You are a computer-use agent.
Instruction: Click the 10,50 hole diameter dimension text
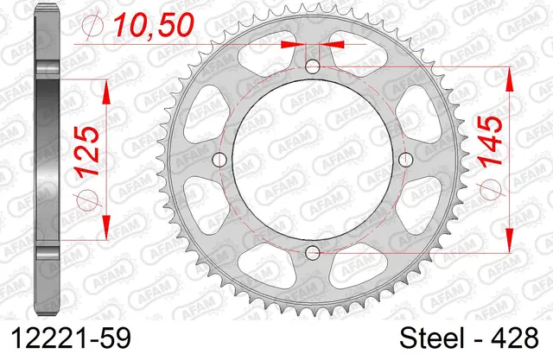153,25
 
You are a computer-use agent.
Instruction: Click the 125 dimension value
86,151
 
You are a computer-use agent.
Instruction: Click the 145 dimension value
492,141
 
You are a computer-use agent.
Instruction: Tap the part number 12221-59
71,338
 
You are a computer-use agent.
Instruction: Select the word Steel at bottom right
432,338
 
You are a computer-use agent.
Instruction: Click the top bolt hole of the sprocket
313,66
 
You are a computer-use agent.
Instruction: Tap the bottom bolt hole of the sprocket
313,252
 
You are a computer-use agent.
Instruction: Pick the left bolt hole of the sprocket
219,160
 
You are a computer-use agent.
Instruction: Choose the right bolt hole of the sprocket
405,160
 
